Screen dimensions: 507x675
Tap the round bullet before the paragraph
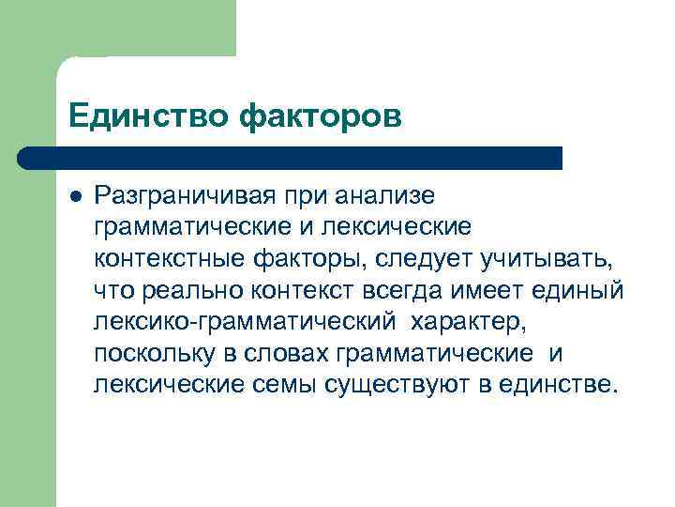tap(76, 195)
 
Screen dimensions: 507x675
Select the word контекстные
tap(157, 259)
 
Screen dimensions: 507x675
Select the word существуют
tap(401, 386)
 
